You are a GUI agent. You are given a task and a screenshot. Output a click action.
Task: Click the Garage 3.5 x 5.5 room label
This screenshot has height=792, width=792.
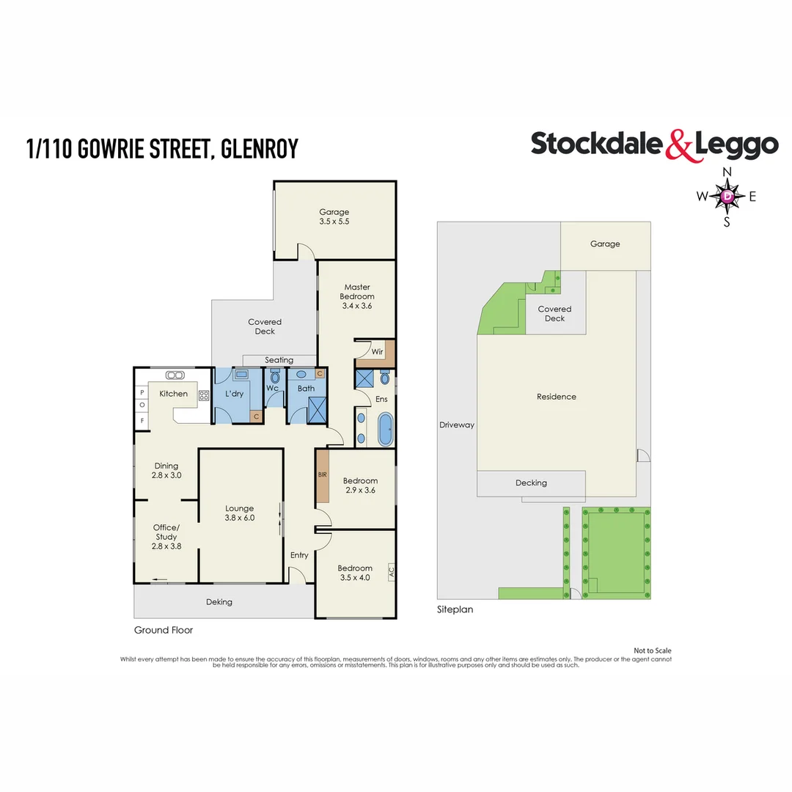[x=334, y=216]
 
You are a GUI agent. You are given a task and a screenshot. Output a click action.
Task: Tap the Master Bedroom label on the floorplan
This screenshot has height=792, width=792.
[x=357, y=296]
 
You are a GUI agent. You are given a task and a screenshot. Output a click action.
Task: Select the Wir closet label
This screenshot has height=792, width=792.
[x=378, y=352]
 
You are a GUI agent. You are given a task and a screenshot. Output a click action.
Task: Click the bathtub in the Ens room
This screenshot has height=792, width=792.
[x=386, y=430]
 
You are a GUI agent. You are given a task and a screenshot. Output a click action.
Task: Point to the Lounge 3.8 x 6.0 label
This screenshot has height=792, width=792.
[x=240, y=513]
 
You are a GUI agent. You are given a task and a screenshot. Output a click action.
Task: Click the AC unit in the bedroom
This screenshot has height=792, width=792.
[x=391, y=570]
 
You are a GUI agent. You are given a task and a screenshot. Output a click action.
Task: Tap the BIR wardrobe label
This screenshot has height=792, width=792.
[x=322, y=474]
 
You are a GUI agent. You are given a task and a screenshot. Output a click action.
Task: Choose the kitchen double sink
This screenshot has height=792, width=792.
[x=175, y=375]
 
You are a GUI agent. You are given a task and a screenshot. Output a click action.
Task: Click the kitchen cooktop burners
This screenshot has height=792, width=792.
[x=204, y=395]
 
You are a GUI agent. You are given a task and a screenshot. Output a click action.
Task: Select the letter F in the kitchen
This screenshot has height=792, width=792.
[x=142, y=420]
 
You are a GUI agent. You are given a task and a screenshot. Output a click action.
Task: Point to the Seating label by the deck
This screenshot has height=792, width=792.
[x=279, y=360]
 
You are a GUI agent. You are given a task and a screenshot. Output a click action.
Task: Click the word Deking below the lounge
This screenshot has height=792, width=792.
[x=219, y=602]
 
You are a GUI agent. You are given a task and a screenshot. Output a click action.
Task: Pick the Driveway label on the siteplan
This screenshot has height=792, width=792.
[x=457, y=425]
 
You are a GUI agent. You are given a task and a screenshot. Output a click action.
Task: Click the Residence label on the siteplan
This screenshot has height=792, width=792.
[x=556, y=397]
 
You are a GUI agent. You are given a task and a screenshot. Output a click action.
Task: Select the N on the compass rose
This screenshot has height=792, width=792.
[x=727, y=172]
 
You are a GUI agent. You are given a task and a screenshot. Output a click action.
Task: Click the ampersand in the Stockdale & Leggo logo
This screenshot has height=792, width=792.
[x=678, y=145]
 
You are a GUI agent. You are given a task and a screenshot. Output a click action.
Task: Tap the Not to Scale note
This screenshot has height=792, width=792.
[x=652, y=650]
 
